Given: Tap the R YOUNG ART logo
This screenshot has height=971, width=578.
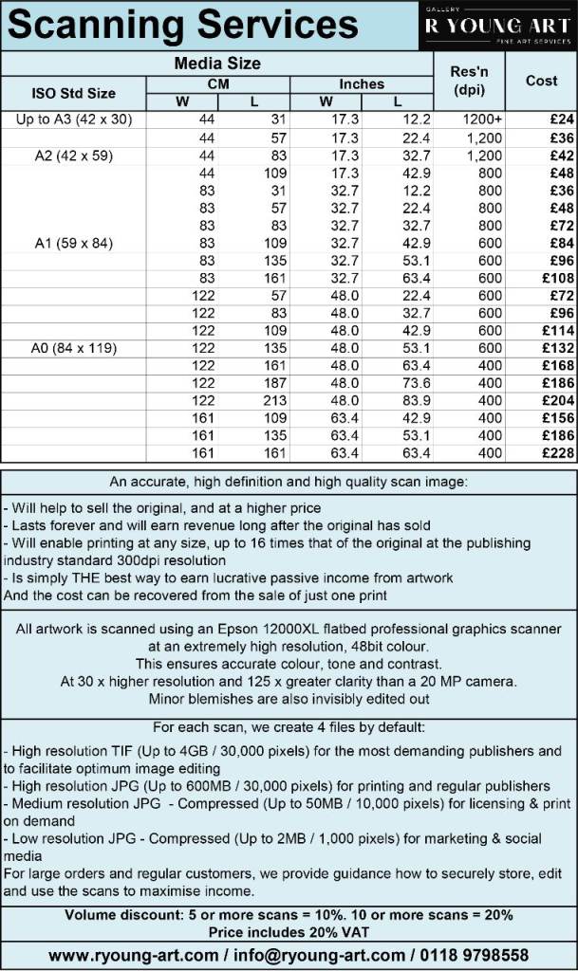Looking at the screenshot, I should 496,27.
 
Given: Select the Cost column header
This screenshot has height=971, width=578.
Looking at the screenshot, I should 541,81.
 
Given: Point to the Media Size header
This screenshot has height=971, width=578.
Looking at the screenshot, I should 217,64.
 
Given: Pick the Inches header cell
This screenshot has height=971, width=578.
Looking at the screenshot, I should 362,84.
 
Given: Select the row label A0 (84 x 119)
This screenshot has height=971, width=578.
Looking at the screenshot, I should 74,348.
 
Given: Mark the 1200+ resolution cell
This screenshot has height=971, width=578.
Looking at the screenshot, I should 484,120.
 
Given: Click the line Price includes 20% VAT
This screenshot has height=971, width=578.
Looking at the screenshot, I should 289,932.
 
